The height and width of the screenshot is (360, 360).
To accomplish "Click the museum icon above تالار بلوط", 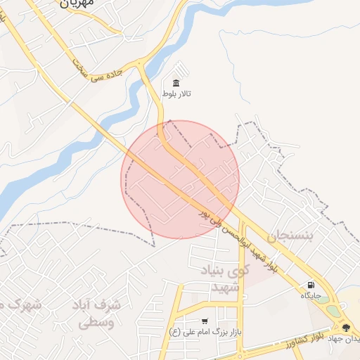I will tap(176, 83).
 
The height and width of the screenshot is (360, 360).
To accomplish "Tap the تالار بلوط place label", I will tap(176, 94).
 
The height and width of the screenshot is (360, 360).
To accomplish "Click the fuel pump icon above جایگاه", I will tap(311, 285).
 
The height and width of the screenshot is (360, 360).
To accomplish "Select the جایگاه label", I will tap(311, 296).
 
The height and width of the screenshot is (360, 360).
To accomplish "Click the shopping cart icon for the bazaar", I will tap(205, 321).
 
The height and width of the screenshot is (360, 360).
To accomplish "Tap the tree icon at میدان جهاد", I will tap(345, 327).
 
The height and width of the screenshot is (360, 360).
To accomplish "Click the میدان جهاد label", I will tap(349, 339).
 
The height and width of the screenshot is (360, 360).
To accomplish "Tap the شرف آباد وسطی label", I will tap(98, 314).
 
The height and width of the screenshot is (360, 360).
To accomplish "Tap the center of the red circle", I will tap(181, 179).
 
